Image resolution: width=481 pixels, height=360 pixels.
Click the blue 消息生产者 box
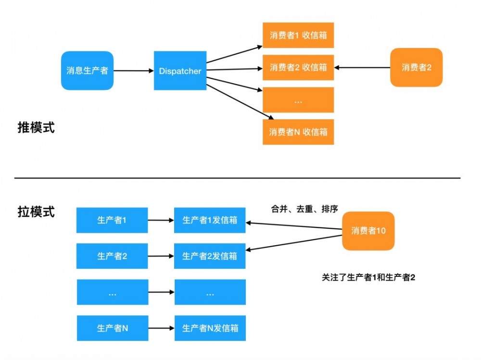[87, 71]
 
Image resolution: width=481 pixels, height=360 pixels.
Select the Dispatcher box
[180, 71]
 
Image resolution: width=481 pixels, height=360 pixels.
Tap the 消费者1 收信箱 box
[298, 35]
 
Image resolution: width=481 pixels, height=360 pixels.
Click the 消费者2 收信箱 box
[298, 67]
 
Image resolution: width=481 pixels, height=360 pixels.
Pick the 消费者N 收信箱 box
[298, 132]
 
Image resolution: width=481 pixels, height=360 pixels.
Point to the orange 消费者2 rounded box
[416, 67]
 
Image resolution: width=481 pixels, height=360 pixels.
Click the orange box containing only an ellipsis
[298, 100]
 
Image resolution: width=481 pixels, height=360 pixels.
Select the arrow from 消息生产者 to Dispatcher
[133, 71]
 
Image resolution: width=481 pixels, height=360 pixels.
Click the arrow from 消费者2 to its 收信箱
[362, 67]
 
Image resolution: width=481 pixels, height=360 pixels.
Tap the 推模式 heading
[36, 128]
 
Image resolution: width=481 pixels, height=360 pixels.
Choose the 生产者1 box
[112, 220]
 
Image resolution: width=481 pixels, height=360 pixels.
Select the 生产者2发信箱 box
[210, 256]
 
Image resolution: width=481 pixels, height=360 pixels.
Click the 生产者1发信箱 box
[210, 220]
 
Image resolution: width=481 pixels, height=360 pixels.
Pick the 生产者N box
[112, 328]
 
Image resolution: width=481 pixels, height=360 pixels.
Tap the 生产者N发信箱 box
[210, 328]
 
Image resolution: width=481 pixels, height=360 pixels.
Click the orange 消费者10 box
[368, 231]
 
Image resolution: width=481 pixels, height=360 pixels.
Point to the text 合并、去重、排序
[304, 209]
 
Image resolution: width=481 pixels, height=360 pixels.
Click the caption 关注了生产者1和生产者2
[368, 277]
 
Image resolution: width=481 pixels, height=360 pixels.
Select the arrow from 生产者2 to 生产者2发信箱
[161, 256]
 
